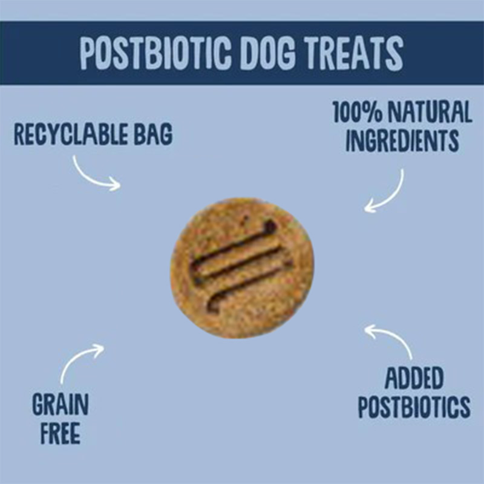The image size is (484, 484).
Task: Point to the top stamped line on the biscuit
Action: tap(233, 242)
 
